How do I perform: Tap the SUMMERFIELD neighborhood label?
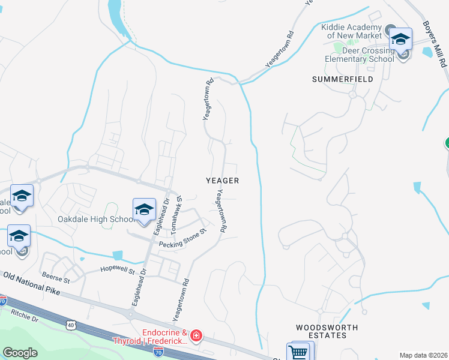click(342, 79)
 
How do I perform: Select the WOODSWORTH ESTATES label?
click(327, 331)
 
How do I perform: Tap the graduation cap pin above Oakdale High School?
click(144, 209)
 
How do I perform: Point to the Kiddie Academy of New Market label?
click(351, 31)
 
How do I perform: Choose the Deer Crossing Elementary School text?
click(360, 55)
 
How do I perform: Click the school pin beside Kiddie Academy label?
click(400, 40)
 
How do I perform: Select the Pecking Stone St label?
click(182, 238)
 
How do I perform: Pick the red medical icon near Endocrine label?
click(196, 336)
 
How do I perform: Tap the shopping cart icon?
click(298, 352)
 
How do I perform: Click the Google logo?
click(20, 353)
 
